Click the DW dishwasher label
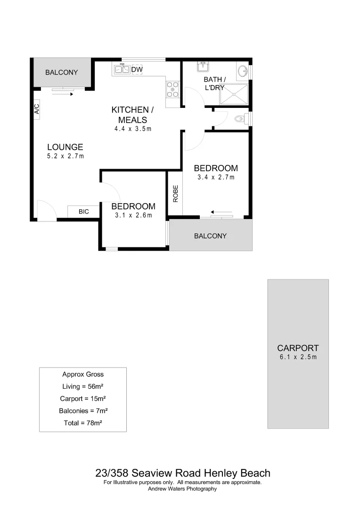[x=137, y=70]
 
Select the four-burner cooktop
[x=172, y=90]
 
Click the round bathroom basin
[x=243, y=71]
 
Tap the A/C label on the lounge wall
[x=36, y=109]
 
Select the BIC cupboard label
[x=83, y=212]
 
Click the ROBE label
[x=175, y=194]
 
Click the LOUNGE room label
[x=65, y=147]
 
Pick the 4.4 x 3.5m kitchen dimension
[x=132, y=129]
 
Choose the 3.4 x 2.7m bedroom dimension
[x=216, y=178]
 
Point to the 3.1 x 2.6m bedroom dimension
[x=133, y=215]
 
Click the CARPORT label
[x=298, y=348]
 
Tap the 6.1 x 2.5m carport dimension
[x=298, y=357]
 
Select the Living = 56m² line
[x=83, y=386]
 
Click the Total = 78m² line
[x=83, y=423]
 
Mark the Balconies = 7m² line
[x=83, y=411]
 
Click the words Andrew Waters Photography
[x=182, y=489]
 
